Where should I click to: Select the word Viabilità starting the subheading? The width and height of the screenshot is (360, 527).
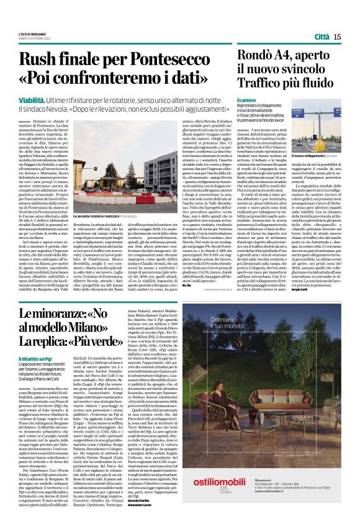pos(33,99)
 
